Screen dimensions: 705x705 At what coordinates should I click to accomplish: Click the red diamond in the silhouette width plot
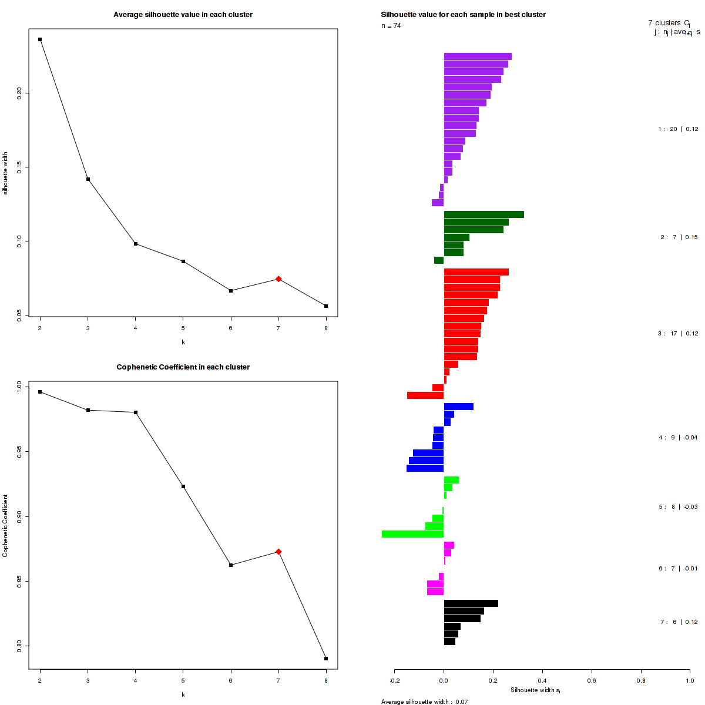(x=278, y=279)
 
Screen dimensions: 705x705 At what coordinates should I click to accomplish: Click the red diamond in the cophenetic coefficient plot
(x=278, y=552)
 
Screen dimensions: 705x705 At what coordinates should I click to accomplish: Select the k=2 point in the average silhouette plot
(x=40, y=39)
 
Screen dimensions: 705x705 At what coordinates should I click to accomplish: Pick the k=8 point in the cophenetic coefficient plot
(x=326, y=659)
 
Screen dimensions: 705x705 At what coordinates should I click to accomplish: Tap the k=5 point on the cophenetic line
(x=183, y=486)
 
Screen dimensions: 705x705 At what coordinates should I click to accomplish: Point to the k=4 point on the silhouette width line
(x=136, y=244)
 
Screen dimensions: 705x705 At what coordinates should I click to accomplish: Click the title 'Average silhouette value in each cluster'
(x=183, y=15)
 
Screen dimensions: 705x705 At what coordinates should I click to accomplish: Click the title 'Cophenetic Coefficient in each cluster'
(x=183, y=367)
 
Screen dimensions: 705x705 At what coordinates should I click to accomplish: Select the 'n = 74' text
(x=391, y=26)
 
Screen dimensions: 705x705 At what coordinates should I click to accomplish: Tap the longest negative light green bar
(x=412, y=534)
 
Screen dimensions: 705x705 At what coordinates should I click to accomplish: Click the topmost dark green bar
(x=484, y=214)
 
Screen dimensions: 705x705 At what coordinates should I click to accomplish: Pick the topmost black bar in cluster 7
(x=471, y=603)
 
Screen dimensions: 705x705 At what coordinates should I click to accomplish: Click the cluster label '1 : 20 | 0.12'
(x=678, y=129)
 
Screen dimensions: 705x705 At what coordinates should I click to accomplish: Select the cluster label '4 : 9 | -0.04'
(x=678, y=438)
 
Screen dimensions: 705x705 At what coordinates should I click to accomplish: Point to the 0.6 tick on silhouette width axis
(x=591, y=681)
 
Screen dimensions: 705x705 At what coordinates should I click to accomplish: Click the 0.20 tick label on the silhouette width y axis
(x=19, y=93)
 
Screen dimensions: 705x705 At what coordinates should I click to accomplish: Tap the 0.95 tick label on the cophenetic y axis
(x=19, y=452)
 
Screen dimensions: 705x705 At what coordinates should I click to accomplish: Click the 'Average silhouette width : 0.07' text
(x=424, y=701)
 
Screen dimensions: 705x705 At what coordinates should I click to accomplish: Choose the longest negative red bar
(x=425, y=395)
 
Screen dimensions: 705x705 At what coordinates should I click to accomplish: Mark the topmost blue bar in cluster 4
(x=458, y=407)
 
